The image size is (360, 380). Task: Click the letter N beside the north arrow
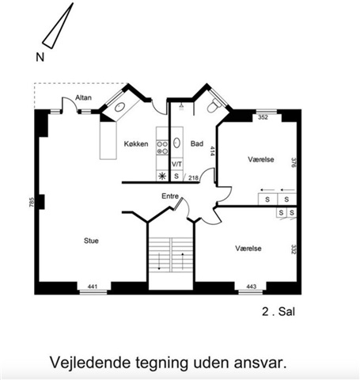pos(40,57)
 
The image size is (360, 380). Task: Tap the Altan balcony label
pos(83,97)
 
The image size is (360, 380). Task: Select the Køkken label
pos(136,144)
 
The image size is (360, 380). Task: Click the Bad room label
pos(197,143)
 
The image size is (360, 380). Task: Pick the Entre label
pos(170,196)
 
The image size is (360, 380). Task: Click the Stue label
pos(91,241)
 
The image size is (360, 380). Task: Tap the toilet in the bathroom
pos(214,106)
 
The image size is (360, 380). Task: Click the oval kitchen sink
pos(119,107)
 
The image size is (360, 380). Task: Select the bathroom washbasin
pos(176,142)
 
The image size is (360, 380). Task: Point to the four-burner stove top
pos(162,148)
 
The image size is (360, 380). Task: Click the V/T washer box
pos(176,164)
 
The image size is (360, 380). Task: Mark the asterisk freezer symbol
pos(162,176)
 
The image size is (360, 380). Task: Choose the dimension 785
pos(32,203)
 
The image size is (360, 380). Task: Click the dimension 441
pos(93,287)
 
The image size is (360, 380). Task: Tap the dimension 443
pos(252,287)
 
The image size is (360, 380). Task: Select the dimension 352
pos(263,117)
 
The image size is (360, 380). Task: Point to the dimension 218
pos(193,178)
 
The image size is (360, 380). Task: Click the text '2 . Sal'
pos(279,312)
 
